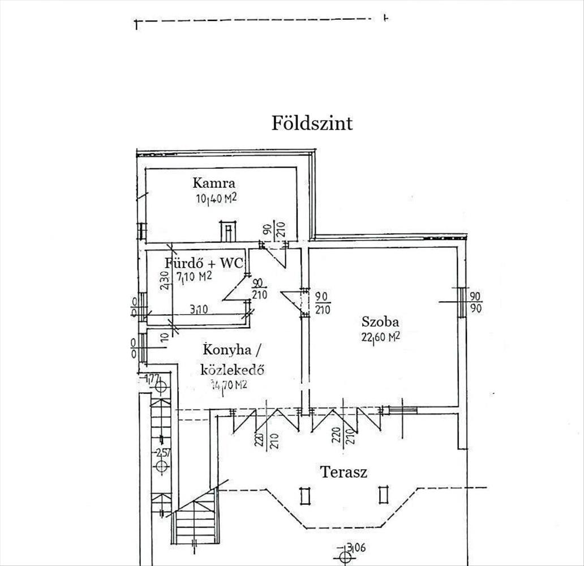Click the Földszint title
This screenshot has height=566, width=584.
[x=312, y=123]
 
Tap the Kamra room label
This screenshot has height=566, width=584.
[x=213, y=183]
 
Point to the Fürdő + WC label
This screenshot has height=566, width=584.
[x=204, y=263]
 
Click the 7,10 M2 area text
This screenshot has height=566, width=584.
[x=194, y=276]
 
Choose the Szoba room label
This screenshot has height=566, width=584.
[x=380, y=322]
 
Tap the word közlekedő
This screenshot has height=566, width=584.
[x=233, y=370]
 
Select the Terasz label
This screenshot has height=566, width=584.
[x=343, y=471]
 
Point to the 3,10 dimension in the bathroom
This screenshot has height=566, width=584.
[x=198, y=310]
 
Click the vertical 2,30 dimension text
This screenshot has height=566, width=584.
[x=164, y=280]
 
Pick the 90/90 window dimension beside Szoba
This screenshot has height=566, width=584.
[x=475, y=302]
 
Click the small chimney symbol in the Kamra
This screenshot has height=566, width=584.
[x=227, y=231]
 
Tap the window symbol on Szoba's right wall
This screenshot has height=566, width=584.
[x=462, y=302]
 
